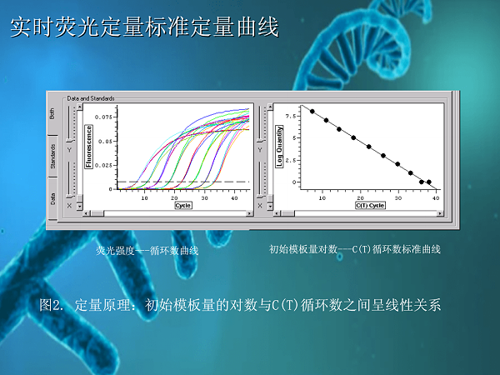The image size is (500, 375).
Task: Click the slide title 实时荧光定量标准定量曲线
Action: [x=143, y=29]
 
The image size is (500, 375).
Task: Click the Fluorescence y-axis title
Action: [x=89, y=147]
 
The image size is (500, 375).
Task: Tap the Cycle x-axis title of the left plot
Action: [x=183, y=204]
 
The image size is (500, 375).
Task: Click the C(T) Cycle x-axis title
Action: [x=369, y=204]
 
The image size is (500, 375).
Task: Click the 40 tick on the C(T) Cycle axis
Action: [x=435, y=197]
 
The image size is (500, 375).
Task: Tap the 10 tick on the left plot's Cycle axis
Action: [x=144, y=197]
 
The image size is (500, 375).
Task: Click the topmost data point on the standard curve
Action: [x=312, y=111]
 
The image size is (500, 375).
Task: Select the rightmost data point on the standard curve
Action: [x=429, y=182]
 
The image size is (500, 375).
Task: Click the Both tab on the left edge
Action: [x=53, y=113]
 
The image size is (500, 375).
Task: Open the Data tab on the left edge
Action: [x=53, y=197]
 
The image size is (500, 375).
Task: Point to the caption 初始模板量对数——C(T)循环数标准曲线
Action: [x=355, y=249]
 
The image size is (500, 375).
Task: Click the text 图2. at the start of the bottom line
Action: [x=51, y=305]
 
